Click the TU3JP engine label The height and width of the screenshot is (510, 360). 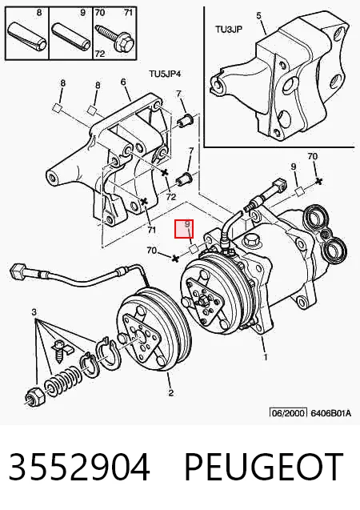pos(229,30)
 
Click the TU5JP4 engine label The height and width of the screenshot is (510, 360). pos(165,74)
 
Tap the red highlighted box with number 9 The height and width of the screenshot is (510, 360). pos(184,229)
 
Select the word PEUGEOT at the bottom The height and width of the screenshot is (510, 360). pos(264,467)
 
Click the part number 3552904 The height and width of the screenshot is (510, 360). pos(79,467)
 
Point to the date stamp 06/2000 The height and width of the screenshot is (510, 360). pos(289,413)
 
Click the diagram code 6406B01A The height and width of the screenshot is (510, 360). pos(331,413)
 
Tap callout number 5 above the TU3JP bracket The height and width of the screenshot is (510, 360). pos(258,15)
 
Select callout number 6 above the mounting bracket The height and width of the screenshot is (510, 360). pos(123,82)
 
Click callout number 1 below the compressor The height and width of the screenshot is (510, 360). pos(266,357)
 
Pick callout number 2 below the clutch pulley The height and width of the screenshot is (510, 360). pos(171,393)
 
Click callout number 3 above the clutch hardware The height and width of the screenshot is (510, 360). pos(34,312)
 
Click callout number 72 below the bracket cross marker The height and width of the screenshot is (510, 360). pos(171,196)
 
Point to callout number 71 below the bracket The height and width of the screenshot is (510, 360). pos(151,230)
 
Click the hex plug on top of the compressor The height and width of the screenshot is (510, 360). pos(252,240)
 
